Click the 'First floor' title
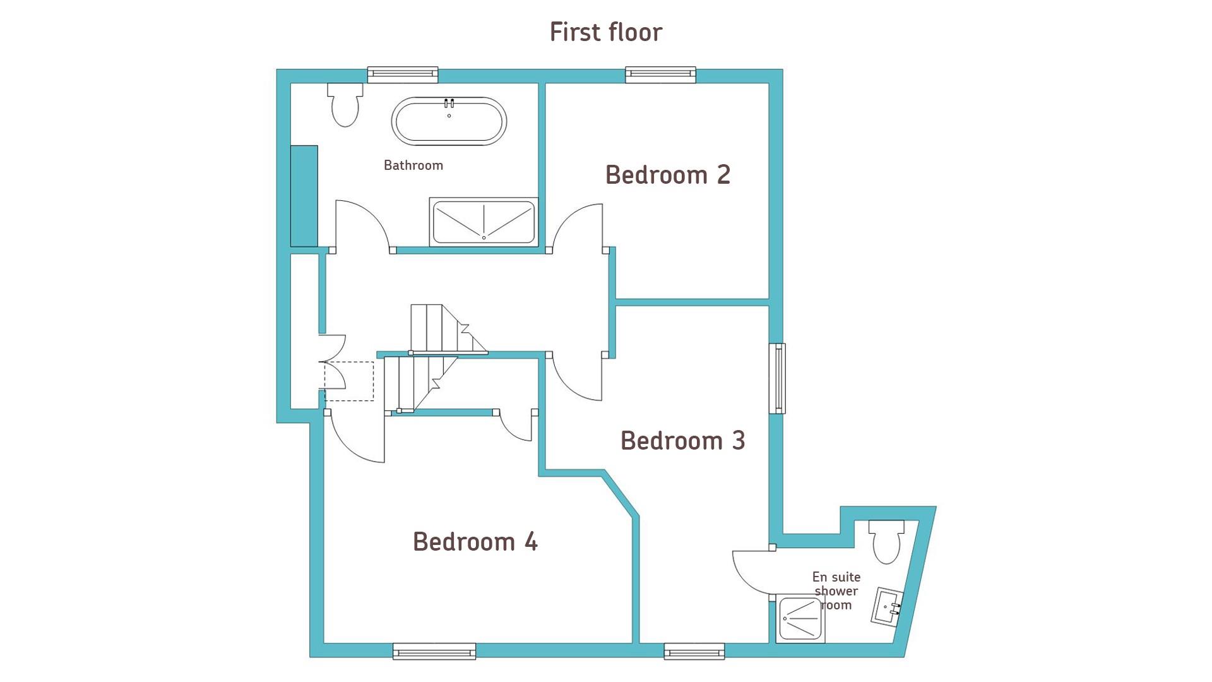(x=606, y=32)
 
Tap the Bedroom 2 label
(x=668, y=175)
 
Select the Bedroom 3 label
(x=683, y=440)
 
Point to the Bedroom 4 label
(x=475, y=542)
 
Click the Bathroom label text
(x=413, y=165)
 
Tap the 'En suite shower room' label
(x=836, y=591)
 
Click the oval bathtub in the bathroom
(x=449, y=121)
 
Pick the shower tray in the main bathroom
(x=484, y=222)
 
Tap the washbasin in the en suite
(x=887, y=606)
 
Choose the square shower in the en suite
(x=800, y=619)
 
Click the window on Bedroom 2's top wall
(x=661, y=75)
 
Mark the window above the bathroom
(x=403, y=75)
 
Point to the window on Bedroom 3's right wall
(x=777, y=379)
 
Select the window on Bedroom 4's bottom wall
(x=434, y=651)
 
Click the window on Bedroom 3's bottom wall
(x=694, y=651)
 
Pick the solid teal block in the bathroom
(x=304, y=196)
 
